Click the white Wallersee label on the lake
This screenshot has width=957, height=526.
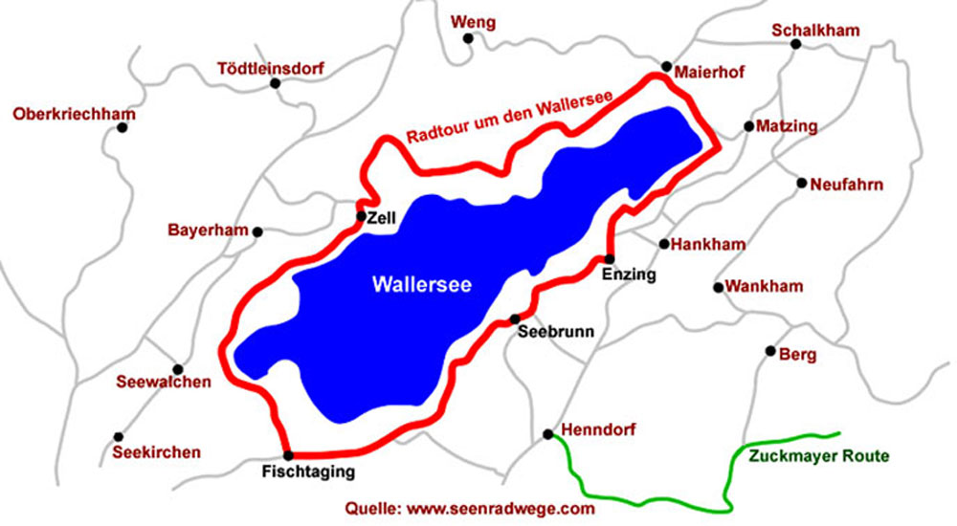click(421, 284)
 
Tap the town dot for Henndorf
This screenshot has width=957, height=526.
click(547, 434)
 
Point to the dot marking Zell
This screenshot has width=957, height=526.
click(361, 217)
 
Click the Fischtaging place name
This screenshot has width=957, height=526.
click(308, 471)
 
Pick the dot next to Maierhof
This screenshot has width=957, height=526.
click(667, 66)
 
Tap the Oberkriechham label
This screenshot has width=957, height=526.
click(75, 115)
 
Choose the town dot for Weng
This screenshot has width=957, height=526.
click(468, 38)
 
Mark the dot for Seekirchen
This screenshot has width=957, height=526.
click(119, 436)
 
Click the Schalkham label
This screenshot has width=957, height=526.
click(815, 31)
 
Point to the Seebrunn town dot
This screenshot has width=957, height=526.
click(515, 319)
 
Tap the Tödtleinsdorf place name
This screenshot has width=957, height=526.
click(271, 69)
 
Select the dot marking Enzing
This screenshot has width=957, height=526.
click(609, 259)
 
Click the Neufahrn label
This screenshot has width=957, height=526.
click(846, 185)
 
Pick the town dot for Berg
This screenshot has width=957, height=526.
click(770, 351)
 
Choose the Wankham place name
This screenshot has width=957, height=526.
click(764, 286)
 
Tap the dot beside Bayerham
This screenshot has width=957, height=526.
click(257, 231)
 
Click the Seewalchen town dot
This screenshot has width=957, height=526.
click(177, 369)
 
